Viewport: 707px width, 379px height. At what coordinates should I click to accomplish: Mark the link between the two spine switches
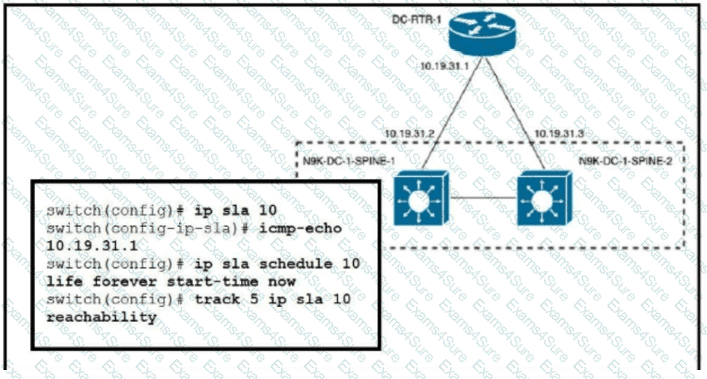[x=480, y=198]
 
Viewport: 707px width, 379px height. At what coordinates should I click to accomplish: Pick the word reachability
[x=101, y=317]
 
